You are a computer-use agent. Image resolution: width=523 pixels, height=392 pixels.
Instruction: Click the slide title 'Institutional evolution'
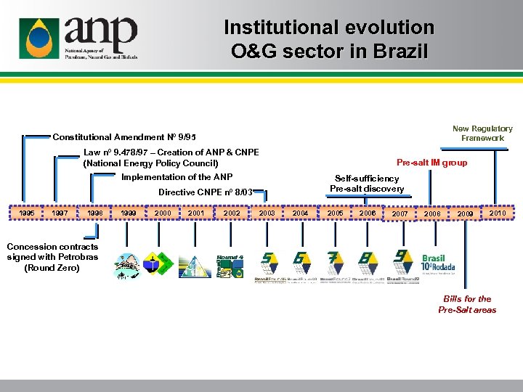pyautogui.click(x=328, y=28)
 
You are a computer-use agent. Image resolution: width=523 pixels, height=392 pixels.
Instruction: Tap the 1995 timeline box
pyautogui.click(x=26, y=213)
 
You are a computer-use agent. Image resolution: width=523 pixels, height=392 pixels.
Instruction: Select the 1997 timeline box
pyautogui.click(x=60, y=213)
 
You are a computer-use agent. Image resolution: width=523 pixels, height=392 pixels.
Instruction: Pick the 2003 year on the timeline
pyautogui.click(x=267, y=213)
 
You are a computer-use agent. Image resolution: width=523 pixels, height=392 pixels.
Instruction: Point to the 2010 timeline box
pyautogui.click(x=497, y=213)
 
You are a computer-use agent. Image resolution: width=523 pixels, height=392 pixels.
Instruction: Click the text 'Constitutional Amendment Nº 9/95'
pyautogui.click(x=124, y=137)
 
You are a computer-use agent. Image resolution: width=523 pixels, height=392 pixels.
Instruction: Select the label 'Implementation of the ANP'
pyautogui.click(x=177, y=177)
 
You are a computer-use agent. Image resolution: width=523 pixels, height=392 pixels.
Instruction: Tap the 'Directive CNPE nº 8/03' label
pyautogui.click(x=206, y=192)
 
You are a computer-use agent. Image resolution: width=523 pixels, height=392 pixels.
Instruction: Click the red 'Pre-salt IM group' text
pyautogui.click(x=431, y=163)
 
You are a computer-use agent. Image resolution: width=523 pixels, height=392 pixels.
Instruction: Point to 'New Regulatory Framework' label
pyautogui.click(x=482, y=133)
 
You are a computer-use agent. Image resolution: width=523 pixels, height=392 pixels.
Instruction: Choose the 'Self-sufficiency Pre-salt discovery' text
pyautogui.click(x=367, y=184)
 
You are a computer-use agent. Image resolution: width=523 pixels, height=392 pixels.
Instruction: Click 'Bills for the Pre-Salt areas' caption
pyautogui.click(x=467, y=304)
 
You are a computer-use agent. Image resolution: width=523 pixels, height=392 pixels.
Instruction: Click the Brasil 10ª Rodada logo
pyautogui.click(x=438, y=263)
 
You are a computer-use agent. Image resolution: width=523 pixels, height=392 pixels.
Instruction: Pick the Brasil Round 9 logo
pyautogui.click(x=402, y=266)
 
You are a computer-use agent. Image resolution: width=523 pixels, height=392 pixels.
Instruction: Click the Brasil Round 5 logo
pyautogui.click(x=269, y=266)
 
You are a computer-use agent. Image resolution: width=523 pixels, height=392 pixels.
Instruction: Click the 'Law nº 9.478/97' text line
pyautogui.click(x=171, y=152)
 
